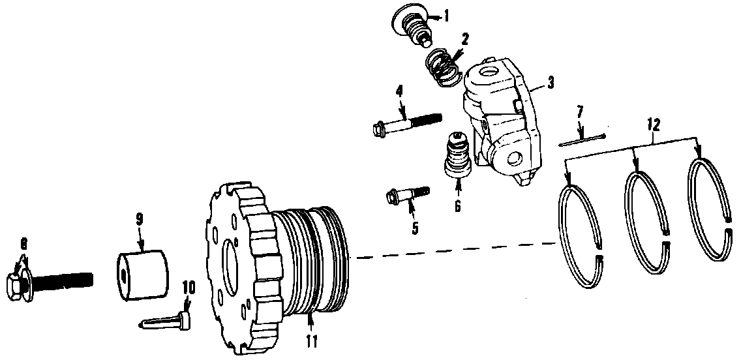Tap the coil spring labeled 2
coord(444,67)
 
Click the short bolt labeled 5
coord(409,194)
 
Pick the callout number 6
coord(457,205)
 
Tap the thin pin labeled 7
coord(582,141)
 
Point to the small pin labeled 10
coord(164,322)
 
